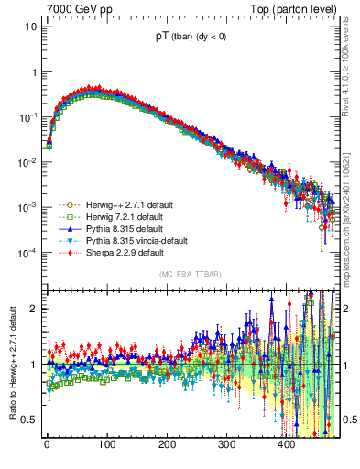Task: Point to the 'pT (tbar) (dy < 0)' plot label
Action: (x=190, y=37)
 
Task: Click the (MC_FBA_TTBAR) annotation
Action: (x=190, y=274)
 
